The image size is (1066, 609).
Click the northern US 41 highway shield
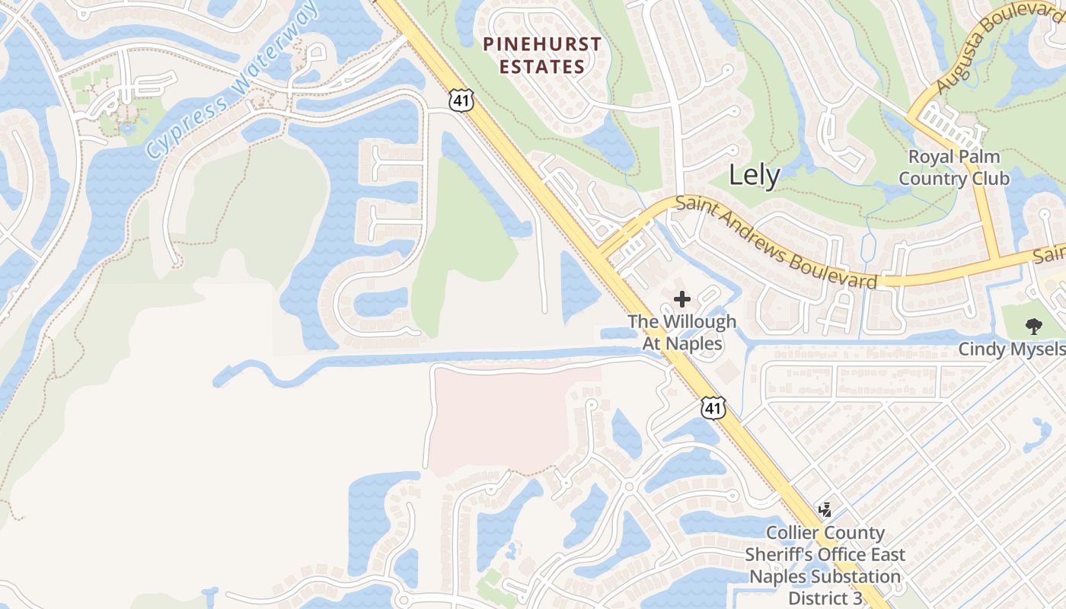point(461,100)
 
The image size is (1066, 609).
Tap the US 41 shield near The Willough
point(713,408)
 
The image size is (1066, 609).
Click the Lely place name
point(754,176)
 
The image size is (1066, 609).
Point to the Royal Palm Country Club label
point(953,167)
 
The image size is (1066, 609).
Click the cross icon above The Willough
point(682,299)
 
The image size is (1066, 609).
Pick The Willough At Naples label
point(682,333)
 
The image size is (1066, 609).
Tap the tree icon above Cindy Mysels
point(1033,327)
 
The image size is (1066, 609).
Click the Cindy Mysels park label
point(1012,349)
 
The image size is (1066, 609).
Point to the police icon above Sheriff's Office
point(825,509)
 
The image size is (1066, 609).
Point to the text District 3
point(825,598)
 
